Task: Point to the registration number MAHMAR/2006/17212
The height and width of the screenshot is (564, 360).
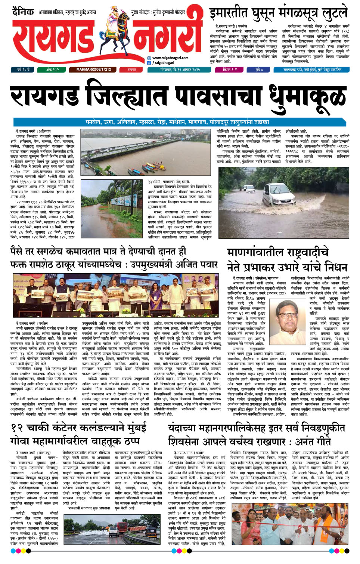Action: pos(94,70)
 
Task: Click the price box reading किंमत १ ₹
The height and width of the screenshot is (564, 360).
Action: pos(229,70)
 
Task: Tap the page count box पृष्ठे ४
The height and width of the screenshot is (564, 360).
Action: pos(259,70)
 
